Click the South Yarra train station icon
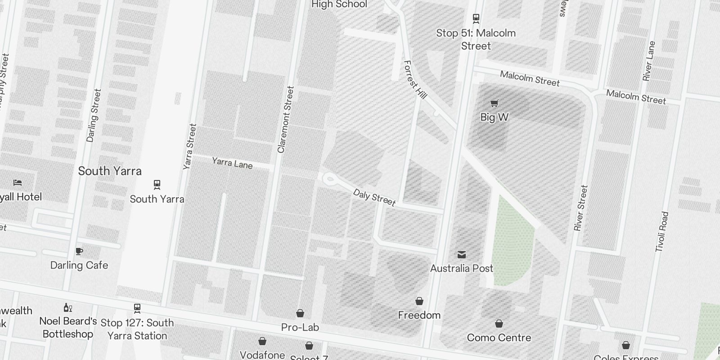(157, 184)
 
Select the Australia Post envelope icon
(461, 255)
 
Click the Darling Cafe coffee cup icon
(79, 252)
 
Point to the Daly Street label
(374, 198)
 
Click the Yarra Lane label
(232, 163)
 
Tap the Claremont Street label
(286, 120)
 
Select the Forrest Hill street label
(415, 80)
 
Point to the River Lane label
(649, 61)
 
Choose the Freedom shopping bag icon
(419, 301)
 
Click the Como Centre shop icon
(499, 324)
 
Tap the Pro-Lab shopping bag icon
(300, 313)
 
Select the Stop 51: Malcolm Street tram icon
(476, 18)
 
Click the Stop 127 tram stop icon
(137, 308)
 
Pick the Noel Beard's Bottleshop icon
(68, 308)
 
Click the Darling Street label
(94, 116)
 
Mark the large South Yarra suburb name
(110, 171)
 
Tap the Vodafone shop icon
(262, 342)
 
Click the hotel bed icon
(18, 183)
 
